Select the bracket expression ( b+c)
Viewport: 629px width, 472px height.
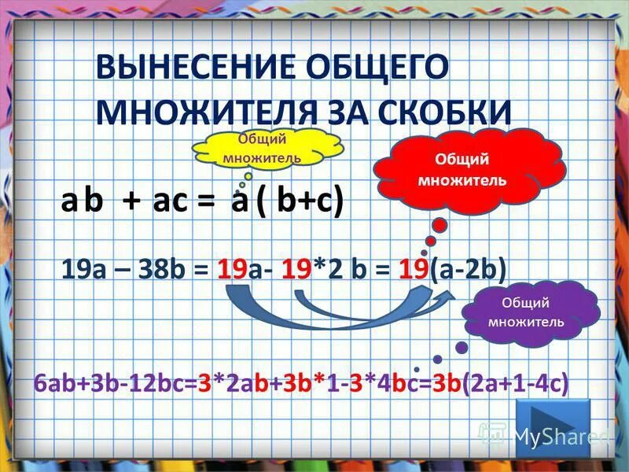coord(299,204)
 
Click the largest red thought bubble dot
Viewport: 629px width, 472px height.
coord(440,225)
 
